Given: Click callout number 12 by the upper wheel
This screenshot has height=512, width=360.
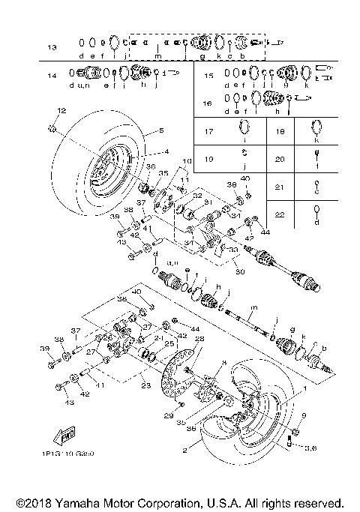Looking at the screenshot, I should click(x=52, y=111).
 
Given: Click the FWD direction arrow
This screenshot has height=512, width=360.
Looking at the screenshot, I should click(x=58, y=436).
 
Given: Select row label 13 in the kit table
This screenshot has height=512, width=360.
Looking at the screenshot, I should click(x=51, y=48).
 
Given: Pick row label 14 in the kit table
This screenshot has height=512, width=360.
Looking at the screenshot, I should click(x=51, y=76).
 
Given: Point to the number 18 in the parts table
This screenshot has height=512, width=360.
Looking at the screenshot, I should click(x=280, y=131).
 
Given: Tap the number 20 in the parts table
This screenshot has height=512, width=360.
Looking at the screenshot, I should click(x=280, y=159).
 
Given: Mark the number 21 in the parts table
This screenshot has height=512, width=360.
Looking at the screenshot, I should click(x=280, y=187).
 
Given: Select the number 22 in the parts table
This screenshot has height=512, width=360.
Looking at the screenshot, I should click(x=280, y=215).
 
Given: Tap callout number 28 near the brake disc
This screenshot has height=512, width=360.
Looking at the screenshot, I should click(x=199, y=339).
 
